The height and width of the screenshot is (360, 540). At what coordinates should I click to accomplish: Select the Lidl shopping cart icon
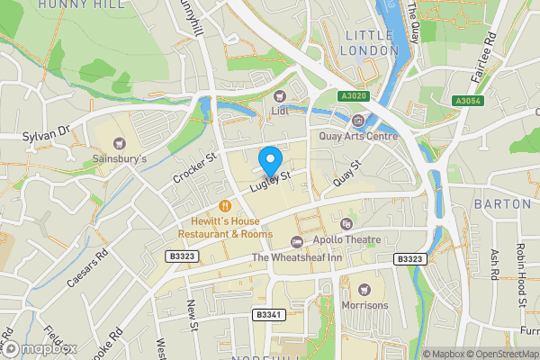[x=280, y=96]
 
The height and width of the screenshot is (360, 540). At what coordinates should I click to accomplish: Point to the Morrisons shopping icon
[x=364, y=290]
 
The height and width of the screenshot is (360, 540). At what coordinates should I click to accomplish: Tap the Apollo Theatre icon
[x=297, y=240]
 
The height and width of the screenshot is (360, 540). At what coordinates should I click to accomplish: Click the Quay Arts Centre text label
[x=358, y=137]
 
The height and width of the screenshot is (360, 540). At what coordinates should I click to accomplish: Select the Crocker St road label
[x=192, y=167]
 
